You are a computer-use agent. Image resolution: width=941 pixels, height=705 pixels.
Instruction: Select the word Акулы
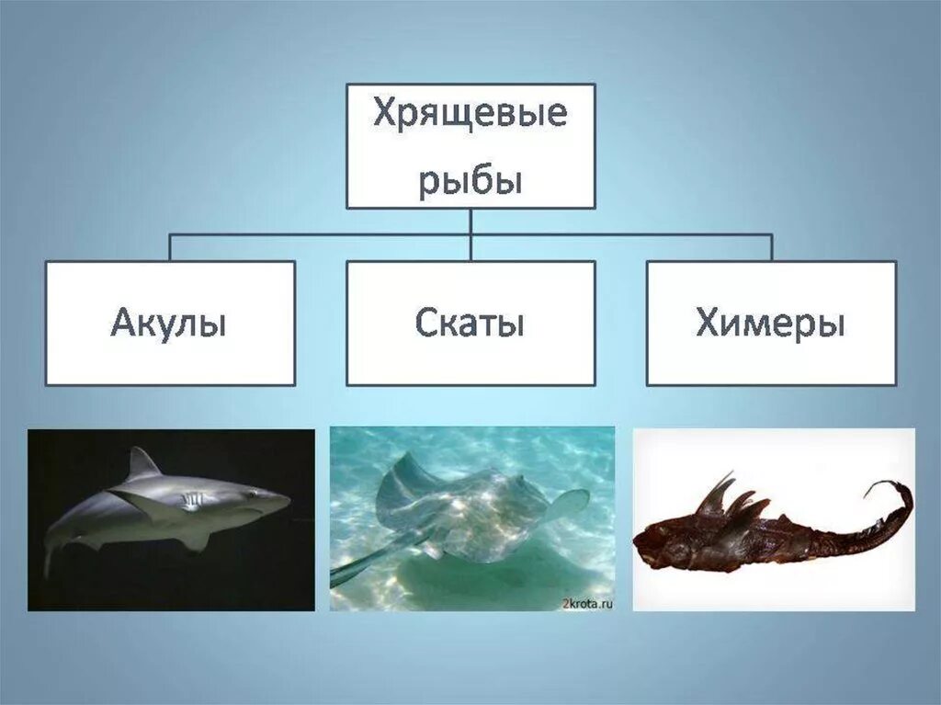(x=169, y=324)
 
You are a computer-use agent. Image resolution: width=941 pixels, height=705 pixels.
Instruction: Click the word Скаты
(x=470, y=324)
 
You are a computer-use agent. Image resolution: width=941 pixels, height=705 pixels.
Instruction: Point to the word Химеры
(x=770, y=324)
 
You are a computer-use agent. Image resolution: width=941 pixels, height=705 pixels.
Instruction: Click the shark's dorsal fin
(x=142, y=464)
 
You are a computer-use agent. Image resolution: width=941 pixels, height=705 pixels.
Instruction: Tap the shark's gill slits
(x=190, y=501)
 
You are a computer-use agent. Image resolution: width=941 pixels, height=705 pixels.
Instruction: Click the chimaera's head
(x=657, y=547)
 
